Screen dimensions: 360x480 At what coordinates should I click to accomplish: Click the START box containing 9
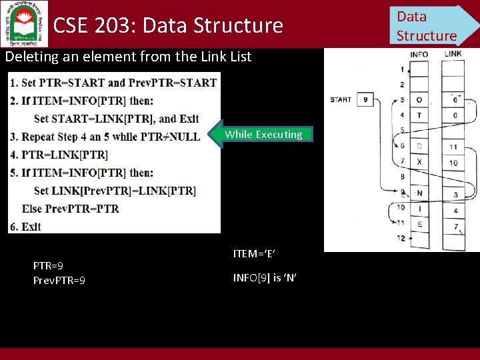coord(365,100)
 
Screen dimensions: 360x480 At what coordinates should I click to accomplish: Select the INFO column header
coord(419,54)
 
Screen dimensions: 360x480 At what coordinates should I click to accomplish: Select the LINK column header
coord(453,54)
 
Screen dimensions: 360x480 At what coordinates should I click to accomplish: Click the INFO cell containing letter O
coord(419,100)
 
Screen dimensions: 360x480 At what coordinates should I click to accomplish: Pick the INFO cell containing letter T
coord(419,115)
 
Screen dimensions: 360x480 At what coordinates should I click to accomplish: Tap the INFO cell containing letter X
coord(419,162)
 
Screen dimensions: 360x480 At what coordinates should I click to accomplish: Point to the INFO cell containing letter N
coord(419,193)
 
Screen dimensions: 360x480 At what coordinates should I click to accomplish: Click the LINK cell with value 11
coord(453,147)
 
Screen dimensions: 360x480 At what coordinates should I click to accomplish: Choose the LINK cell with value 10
coord(453,162)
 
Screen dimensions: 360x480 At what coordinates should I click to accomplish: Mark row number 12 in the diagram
coord(401,238)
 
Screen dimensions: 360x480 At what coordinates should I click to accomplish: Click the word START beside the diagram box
coord(341,100)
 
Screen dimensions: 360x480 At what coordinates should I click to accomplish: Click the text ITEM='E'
coord(254,253)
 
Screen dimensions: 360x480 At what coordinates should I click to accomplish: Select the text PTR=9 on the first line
coord(48,265)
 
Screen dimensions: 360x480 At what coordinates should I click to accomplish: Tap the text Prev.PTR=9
coord(59,281)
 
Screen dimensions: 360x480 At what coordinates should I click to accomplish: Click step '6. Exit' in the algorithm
coord(25,227)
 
